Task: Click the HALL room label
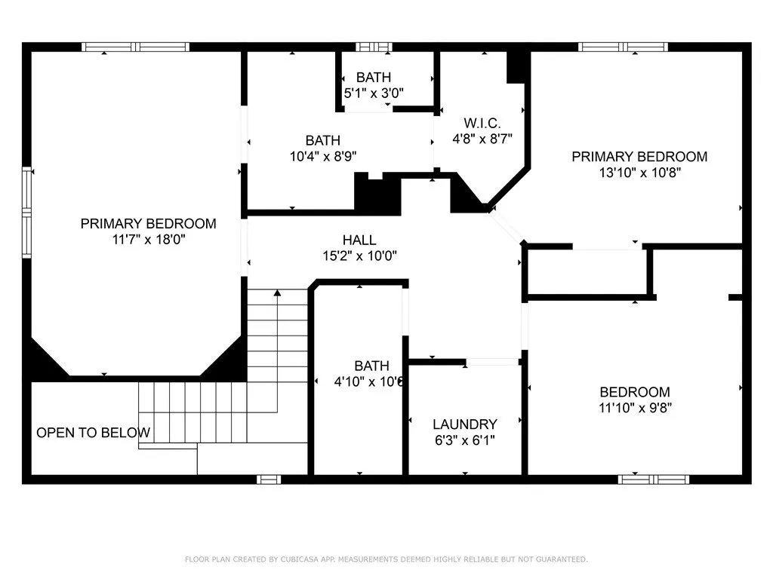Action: point(359,240)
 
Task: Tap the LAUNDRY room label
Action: point(465,424)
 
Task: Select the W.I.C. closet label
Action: point(482,123)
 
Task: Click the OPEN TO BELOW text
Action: point(93,433)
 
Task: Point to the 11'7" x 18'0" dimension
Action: point(149,240)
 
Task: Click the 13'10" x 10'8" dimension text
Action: point(640,173)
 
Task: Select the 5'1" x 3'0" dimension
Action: point(374,93)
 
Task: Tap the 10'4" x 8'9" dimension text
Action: point(323,157)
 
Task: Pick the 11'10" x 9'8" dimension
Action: point(635,408)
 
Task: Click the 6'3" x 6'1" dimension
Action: point(465,440)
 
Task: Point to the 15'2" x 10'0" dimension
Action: point(359,256)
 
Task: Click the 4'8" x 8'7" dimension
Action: point(482,139)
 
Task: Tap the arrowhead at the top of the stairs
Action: point(278,293)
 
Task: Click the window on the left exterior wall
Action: point(26,212)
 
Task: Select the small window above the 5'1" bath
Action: point(374,47)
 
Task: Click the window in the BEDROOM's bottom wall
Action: point(654,479)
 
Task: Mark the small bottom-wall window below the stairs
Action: point(269,479)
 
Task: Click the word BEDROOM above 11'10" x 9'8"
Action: point(635,392)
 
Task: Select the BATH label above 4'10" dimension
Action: point(371,366)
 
